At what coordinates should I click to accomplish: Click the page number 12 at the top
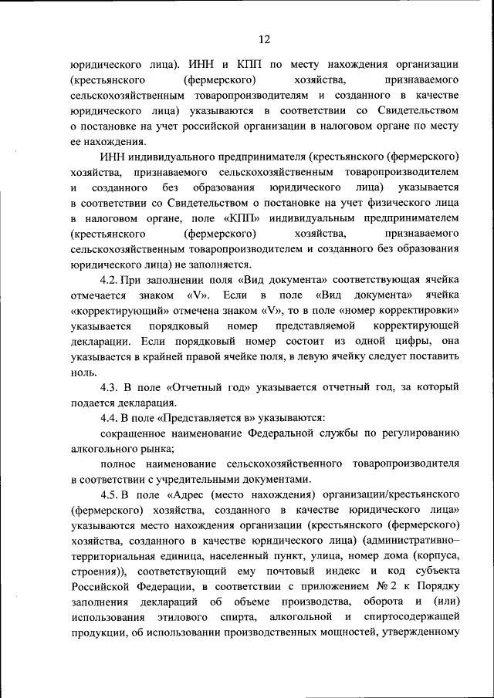[264, 39]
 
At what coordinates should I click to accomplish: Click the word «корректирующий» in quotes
[109, 311]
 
